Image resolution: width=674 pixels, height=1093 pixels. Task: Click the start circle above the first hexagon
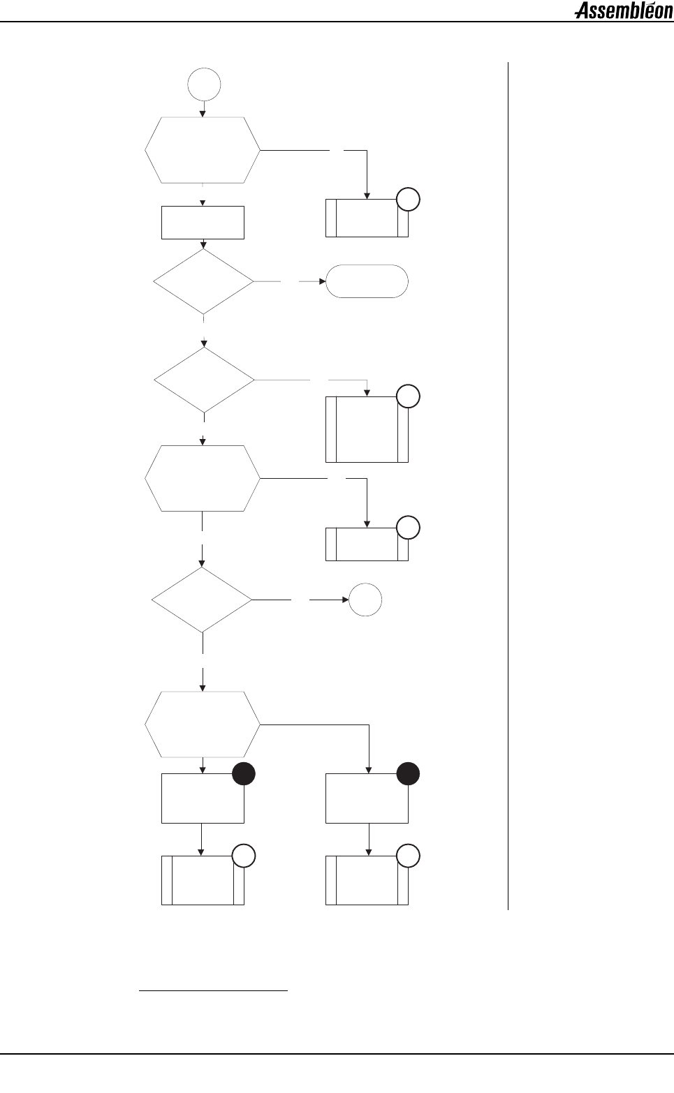204,84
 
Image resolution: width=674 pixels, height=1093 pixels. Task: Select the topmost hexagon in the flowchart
203,150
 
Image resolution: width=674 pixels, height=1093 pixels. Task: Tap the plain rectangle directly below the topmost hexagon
203,223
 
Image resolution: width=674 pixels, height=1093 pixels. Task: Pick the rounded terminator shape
367,281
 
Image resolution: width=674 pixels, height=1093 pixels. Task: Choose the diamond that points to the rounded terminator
204,281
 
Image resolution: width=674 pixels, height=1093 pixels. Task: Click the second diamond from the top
204,380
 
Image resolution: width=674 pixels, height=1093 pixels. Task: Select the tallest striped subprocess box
367,429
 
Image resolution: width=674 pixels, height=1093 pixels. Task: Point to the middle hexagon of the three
203,479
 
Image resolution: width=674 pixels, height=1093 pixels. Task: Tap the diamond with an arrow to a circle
203,600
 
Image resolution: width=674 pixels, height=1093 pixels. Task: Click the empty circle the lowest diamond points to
365,600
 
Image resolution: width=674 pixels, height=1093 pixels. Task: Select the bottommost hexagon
203,724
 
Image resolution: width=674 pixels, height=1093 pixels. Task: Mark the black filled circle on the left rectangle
244,774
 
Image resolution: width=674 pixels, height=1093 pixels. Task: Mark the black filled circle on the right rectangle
408,774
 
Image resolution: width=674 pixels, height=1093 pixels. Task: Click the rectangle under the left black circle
203,799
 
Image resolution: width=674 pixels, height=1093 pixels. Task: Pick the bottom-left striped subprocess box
203,881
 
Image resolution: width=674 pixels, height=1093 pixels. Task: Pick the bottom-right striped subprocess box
367,881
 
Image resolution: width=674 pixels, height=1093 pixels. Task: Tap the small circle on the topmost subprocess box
409,200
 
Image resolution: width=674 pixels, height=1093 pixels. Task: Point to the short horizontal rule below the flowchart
214,990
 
